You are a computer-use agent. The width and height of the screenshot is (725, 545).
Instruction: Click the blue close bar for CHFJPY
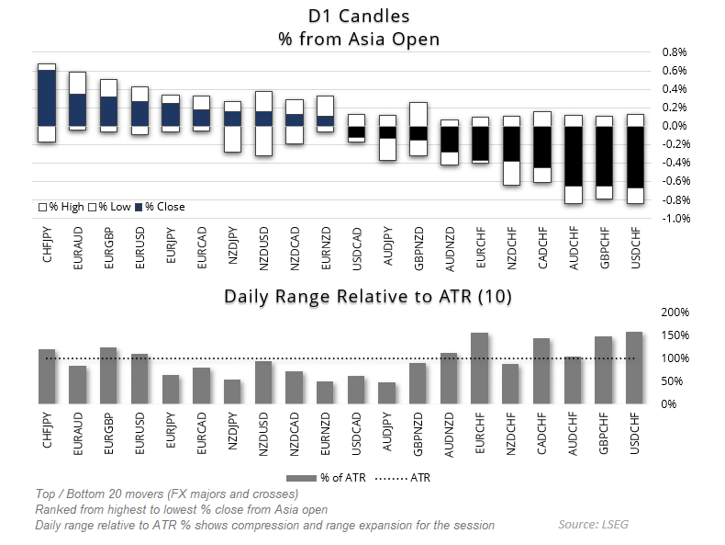point(47,97)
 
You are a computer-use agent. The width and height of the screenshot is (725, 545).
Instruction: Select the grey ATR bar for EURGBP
point(108,375)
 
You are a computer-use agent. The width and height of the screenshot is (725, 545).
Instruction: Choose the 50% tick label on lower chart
point(675,381)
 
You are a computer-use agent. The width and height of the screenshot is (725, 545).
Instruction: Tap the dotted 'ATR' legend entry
point(408,477)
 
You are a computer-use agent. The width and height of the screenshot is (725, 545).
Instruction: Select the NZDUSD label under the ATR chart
point(263,431)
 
